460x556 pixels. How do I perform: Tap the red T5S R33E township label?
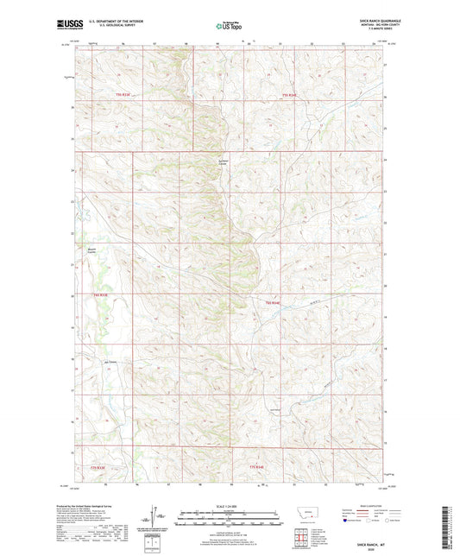tap(122, 94)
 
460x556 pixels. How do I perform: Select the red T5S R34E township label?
tap(291, 94)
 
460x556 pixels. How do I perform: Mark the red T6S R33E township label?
tap(100, 294)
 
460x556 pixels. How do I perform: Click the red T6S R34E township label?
tap(274, 301)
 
